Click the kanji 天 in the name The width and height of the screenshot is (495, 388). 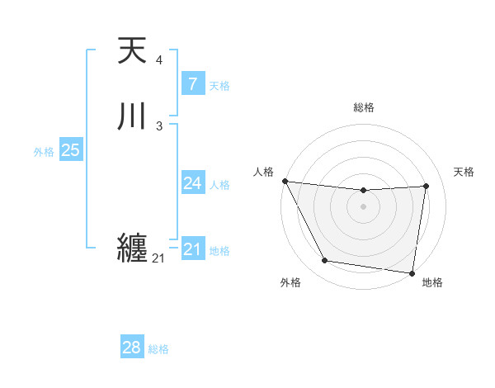point(133,51)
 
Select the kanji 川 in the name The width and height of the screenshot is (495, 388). point(133,116)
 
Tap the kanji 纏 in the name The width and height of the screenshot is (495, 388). point(133,248)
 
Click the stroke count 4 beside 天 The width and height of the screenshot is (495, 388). point(158,61)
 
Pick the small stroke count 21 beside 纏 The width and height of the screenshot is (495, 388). point(158,258)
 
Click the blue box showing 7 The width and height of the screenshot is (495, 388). point(192,83)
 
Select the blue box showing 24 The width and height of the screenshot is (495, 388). point(192,183)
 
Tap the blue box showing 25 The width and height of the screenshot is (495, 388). point(70,150)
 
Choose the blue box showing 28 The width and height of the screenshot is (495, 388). point(132,348)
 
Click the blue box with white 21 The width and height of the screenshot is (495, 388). point(192,248)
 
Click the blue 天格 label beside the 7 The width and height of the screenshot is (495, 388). point(219,85)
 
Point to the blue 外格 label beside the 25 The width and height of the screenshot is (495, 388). point(44,152)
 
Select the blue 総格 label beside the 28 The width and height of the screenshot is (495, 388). point(158,349)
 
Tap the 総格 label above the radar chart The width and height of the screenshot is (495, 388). point(363,107)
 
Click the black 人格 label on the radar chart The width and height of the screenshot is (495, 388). point(263,172)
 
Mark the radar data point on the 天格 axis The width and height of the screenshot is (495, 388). point(427,186)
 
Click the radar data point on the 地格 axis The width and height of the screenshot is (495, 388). point(412,272)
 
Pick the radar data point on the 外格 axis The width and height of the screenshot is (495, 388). point(324,262)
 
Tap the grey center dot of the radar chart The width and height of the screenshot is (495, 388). point(363,206)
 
